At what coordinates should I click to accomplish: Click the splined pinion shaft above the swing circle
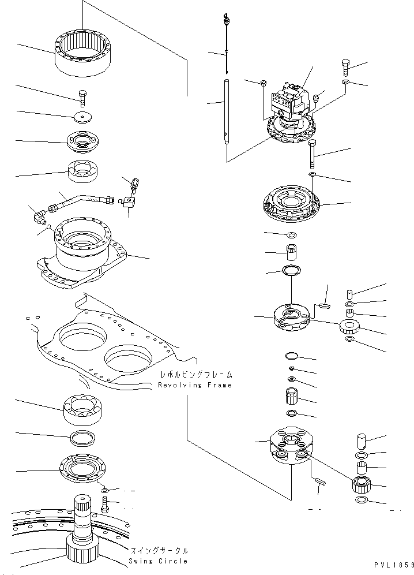[85, 520]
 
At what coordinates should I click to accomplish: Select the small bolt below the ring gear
[81, 98]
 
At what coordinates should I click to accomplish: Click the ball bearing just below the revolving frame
[84, 409]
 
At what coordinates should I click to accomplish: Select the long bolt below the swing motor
[313, 152]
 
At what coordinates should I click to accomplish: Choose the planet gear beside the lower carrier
[361, 483]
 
